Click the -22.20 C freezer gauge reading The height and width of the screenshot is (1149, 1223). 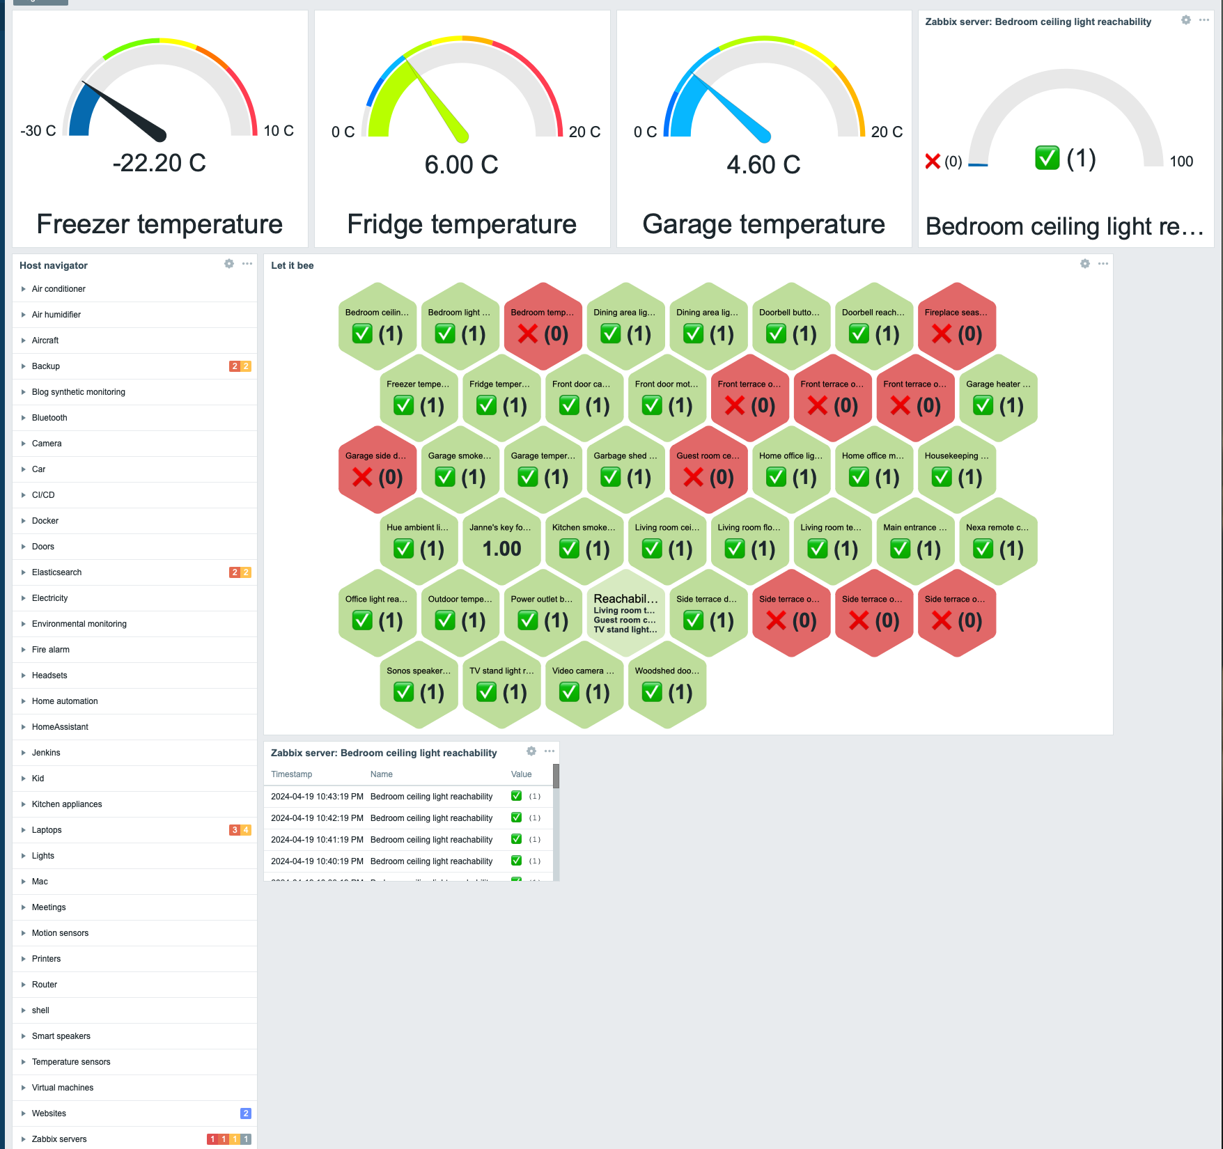point(159,163)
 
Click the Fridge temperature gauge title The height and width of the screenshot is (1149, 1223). point(461,224)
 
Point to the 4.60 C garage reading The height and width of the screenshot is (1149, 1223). point(763,165)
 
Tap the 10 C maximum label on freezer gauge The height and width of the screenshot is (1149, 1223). point(278,131)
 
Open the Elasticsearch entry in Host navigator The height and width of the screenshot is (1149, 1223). point(56,572)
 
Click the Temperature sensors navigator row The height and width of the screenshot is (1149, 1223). point(71,1062)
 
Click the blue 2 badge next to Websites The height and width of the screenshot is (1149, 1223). point(246,1113)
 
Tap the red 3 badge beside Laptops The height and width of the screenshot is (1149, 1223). point(235,830)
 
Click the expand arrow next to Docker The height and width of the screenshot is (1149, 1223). point(23,521)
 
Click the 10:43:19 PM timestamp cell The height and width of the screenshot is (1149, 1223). point(317,797)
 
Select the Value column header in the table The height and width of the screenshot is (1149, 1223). point(521,774)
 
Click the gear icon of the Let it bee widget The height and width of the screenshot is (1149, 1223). point(1084,264)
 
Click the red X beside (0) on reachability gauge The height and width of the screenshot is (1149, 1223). point(933,162)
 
